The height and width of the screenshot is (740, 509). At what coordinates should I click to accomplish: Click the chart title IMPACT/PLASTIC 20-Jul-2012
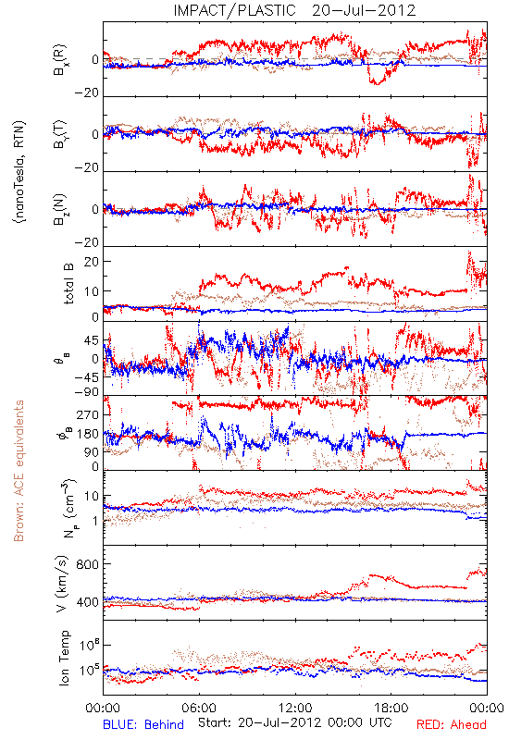pyautogui.click(x=294, y=10)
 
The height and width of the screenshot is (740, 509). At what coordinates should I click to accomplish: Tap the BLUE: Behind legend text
pyautogui.click(x=143, y=724)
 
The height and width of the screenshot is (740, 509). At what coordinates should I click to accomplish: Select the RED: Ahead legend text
pyautogui.click(x=452, y=724)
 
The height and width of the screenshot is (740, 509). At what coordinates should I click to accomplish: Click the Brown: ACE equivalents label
pyautogui.click(x=19, y=471)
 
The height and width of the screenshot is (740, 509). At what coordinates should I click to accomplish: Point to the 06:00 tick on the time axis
pyautogui.click(x=199, y=708)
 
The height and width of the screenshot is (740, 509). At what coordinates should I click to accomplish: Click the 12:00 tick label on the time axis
pyautogui.click(x=295, y=708)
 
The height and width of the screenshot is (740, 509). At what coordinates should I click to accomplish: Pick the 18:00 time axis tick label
pyautogui.click(x=391, y=708)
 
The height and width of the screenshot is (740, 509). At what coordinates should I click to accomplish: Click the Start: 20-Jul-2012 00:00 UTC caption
pyautogui.click(x=294, y=722)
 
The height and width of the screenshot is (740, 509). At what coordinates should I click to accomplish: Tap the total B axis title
pyautogui.click(x=68, y=284)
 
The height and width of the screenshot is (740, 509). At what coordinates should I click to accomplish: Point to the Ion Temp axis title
pyautogui.click(x=64, y=658)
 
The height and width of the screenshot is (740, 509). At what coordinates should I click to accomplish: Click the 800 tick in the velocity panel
pyautogui.click(x=88, y=564)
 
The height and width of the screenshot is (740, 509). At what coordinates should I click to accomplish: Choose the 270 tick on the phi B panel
pyautogui.click(x=88, y=414)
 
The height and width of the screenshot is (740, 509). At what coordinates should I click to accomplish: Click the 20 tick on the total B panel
pyautogui.click(x=92, y=262)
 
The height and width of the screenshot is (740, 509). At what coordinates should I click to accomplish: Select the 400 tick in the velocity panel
pyautogui.click(x=88, y=602)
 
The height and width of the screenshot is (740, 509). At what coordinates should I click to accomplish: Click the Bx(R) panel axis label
pyautogui.click(x=60, y=59)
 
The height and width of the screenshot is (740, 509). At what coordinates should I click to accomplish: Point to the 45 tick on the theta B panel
pyautogui.click(x=92, y=340)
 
